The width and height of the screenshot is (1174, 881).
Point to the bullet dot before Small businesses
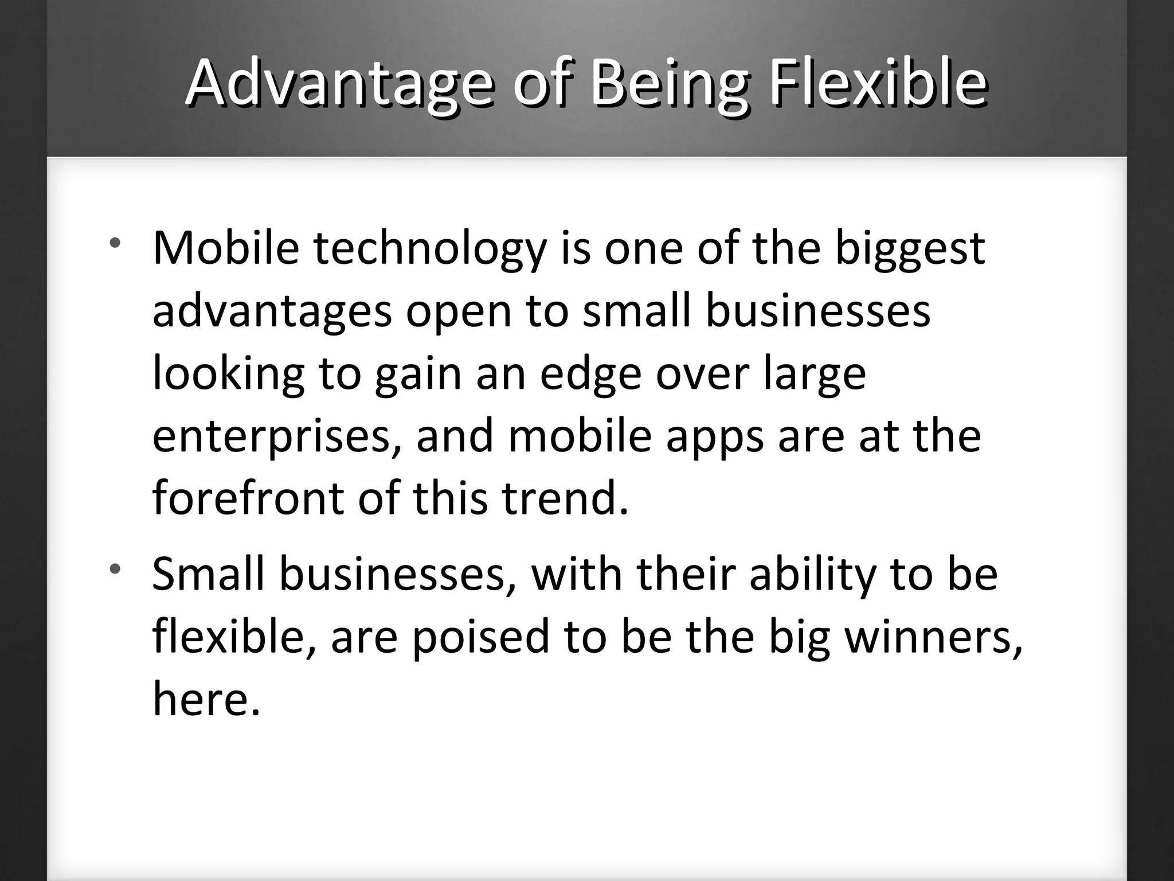point(116,569)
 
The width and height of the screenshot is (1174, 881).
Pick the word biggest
point(910,250)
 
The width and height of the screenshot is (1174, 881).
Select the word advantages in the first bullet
point(272,313)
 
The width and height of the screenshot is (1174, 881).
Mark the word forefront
point(248,498)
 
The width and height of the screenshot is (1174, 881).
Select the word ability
point(813,575)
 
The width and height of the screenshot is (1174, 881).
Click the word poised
point(480,638)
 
